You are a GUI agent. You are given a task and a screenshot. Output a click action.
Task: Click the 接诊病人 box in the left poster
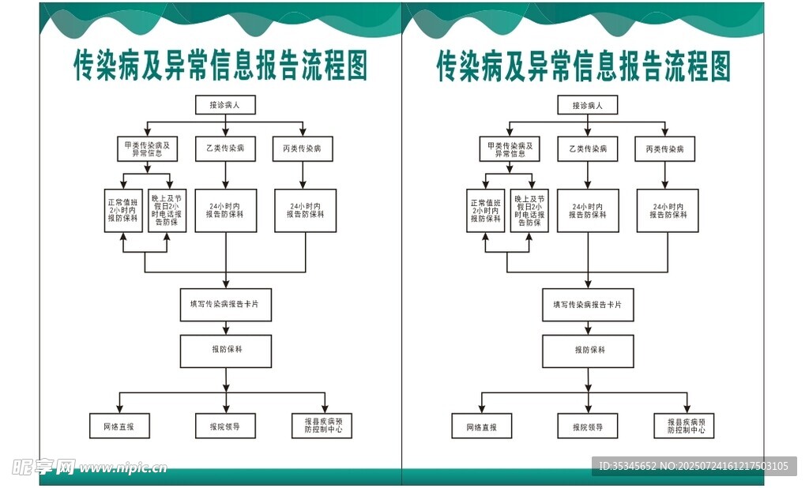[226, 105]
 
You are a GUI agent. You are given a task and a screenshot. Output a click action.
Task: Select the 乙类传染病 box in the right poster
[588, 148]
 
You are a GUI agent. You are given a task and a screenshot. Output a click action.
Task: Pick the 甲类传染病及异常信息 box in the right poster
[510, 148]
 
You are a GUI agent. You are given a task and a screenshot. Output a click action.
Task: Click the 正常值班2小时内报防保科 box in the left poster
[122, 210]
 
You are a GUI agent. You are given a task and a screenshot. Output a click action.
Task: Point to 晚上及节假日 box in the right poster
[530, 210]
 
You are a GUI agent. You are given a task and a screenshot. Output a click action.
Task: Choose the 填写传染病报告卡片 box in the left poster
[226, 305]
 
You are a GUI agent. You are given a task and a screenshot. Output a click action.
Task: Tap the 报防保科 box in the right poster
[588, 351]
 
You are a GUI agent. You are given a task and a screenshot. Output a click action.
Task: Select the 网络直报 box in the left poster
[119, 426]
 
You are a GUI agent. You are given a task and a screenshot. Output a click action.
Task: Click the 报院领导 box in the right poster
[588, 426]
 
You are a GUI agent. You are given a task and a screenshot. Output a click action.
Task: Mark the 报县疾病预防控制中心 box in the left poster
[322, 426]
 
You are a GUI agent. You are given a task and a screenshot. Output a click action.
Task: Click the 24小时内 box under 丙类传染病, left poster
[306, 210]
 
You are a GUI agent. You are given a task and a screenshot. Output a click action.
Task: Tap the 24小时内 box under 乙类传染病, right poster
[588, 210]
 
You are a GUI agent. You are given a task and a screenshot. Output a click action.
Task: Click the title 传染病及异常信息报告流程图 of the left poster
[220, 66]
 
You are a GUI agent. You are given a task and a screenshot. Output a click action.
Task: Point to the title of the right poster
[584, 66]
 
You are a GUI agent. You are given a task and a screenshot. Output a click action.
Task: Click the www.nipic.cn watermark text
[123, 467]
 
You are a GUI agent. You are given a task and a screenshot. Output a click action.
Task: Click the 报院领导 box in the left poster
[226, 426]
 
